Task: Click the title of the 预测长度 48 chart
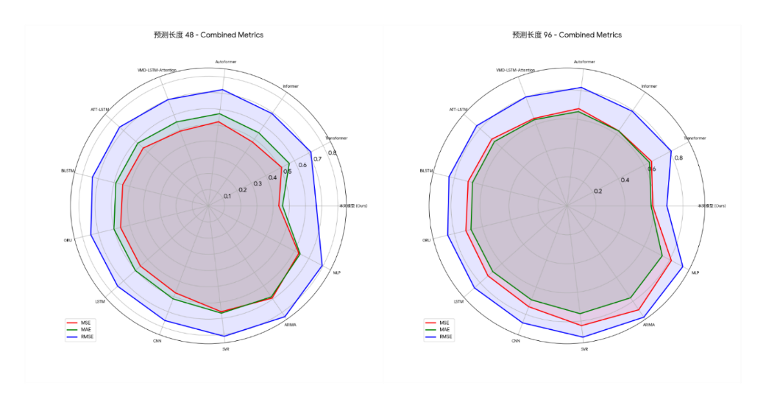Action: [x=208, y=35]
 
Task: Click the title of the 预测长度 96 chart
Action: [x=567, y=35]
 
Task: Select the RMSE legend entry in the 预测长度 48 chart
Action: [x=88, y=337]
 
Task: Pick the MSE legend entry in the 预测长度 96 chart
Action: [x=444, y=323]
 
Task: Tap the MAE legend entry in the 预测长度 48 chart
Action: [x=87, y=329]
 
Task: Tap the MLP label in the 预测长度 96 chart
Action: [x=695, y=272]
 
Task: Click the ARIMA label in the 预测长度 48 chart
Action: [x=290, y=324]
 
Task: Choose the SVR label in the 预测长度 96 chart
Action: [x=584, y=349]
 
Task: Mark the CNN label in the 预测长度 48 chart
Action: [x=157, y=341]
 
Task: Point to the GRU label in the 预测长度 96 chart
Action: [x=427, y=240]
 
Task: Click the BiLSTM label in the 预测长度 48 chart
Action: [x=68, y=171]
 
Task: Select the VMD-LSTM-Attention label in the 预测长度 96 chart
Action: [x=515, y=71]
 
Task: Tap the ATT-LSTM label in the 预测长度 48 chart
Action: [x=100, y=109]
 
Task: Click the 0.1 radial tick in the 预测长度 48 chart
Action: [x=227, y=196]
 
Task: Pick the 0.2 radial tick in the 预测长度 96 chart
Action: [x=598, y=191]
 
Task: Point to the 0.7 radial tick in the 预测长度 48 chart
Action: [x=317, y=159]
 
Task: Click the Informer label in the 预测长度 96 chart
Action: [x=648, y=86]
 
